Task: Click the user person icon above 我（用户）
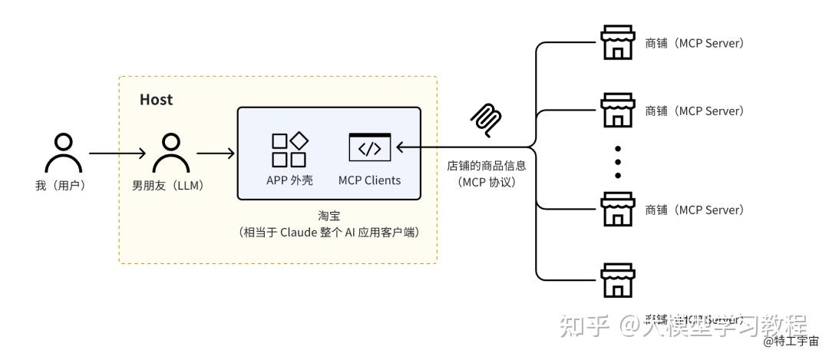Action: point(64,154)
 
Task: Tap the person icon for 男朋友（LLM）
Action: point(171,154)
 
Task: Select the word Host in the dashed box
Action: point(156,100)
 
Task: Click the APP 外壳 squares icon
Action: point(289,150)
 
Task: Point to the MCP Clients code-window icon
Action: point(369,147)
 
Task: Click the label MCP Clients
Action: point(369,180)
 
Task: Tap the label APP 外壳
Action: point(289,180)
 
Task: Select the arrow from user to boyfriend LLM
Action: point(117,154)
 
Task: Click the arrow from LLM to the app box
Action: point(216,154)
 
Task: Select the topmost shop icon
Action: point(617,44)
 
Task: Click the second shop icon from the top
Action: point(617,111)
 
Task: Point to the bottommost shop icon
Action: point(617,280)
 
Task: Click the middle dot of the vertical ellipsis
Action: point(617,161)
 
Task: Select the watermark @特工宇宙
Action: point(791,341)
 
